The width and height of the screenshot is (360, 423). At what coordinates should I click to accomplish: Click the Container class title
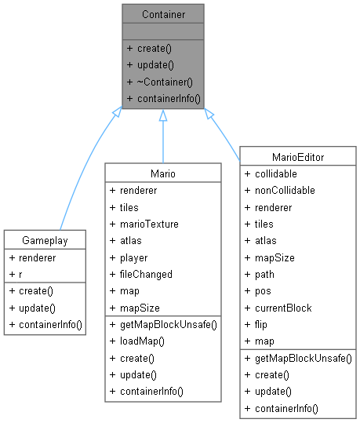(x=162, y=15)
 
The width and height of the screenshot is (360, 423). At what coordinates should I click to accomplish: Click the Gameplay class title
(x=44, y=239)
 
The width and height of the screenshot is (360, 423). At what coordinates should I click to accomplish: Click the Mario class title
(x=162, y=172)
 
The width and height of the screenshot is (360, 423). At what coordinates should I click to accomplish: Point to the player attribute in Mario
(x=133, y=257)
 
